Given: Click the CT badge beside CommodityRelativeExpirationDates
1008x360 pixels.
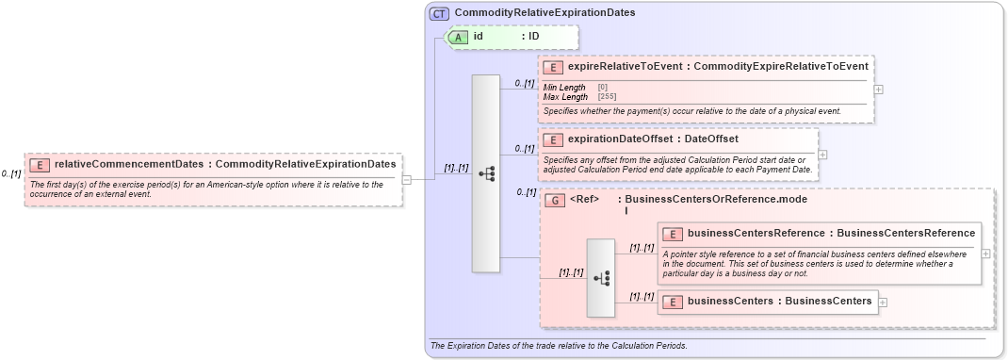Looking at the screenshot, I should coord(440,13).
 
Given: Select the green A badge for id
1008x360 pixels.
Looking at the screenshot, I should coord(458,37).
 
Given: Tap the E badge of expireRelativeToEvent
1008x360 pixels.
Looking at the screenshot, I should coord(553,67).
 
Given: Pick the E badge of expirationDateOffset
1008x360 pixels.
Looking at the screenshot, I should coord(553,139).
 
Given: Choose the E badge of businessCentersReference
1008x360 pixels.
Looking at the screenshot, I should coord(674,234).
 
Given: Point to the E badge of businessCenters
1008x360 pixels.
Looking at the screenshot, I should coord(674,302).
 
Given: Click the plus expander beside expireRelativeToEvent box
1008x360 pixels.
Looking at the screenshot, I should coord(879,90).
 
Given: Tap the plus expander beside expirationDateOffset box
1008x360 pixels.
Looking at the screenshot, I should coord(822,155).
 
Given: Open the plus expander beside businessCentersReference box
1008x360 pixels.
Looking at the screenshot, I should coord(985,254).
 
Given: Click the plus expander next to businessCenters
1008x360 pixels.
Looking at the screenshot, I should coord(883,303).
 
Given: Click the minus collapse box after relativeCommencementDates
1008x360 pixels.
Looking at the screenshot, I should coord(407,179).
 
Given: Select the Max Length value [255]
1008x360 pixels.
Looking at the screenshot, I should coord(608,97).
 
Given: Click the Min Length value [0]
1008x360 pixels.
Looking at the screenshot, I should coord(603,88).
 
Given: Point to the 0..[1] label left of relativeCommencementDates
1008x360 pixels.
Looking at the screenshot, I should coord(11,173).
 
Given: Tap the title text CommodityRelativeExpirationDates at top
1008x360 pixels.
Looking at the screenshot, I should coord(545,13).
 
